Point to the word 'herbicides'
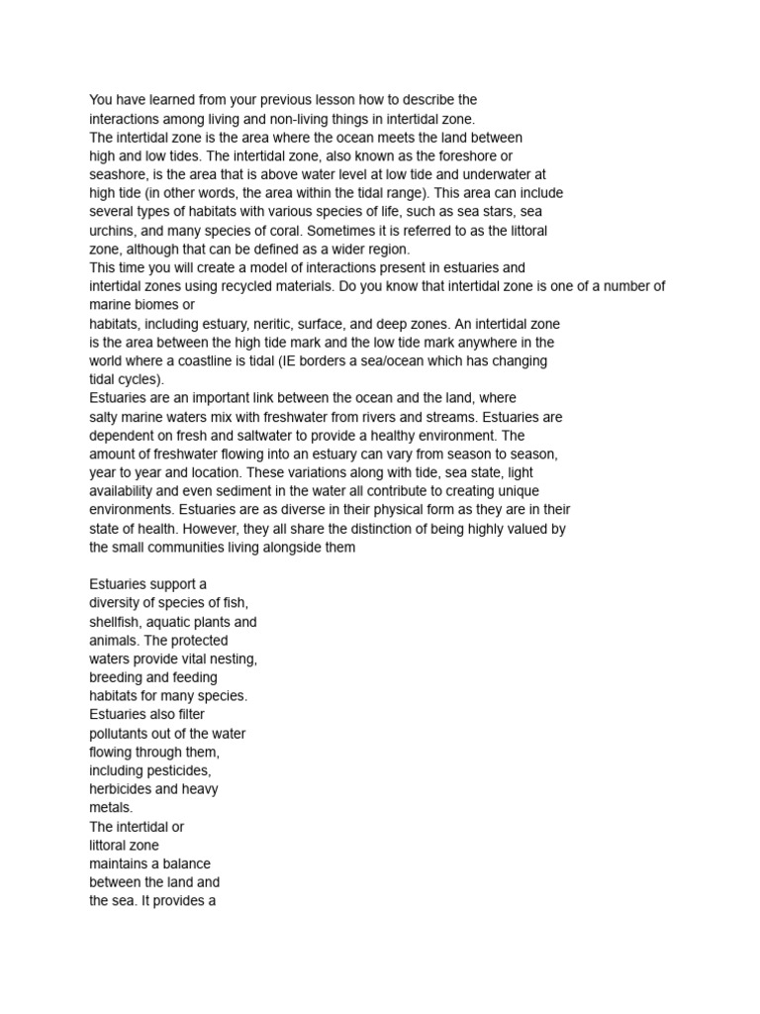click(125, 789)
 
